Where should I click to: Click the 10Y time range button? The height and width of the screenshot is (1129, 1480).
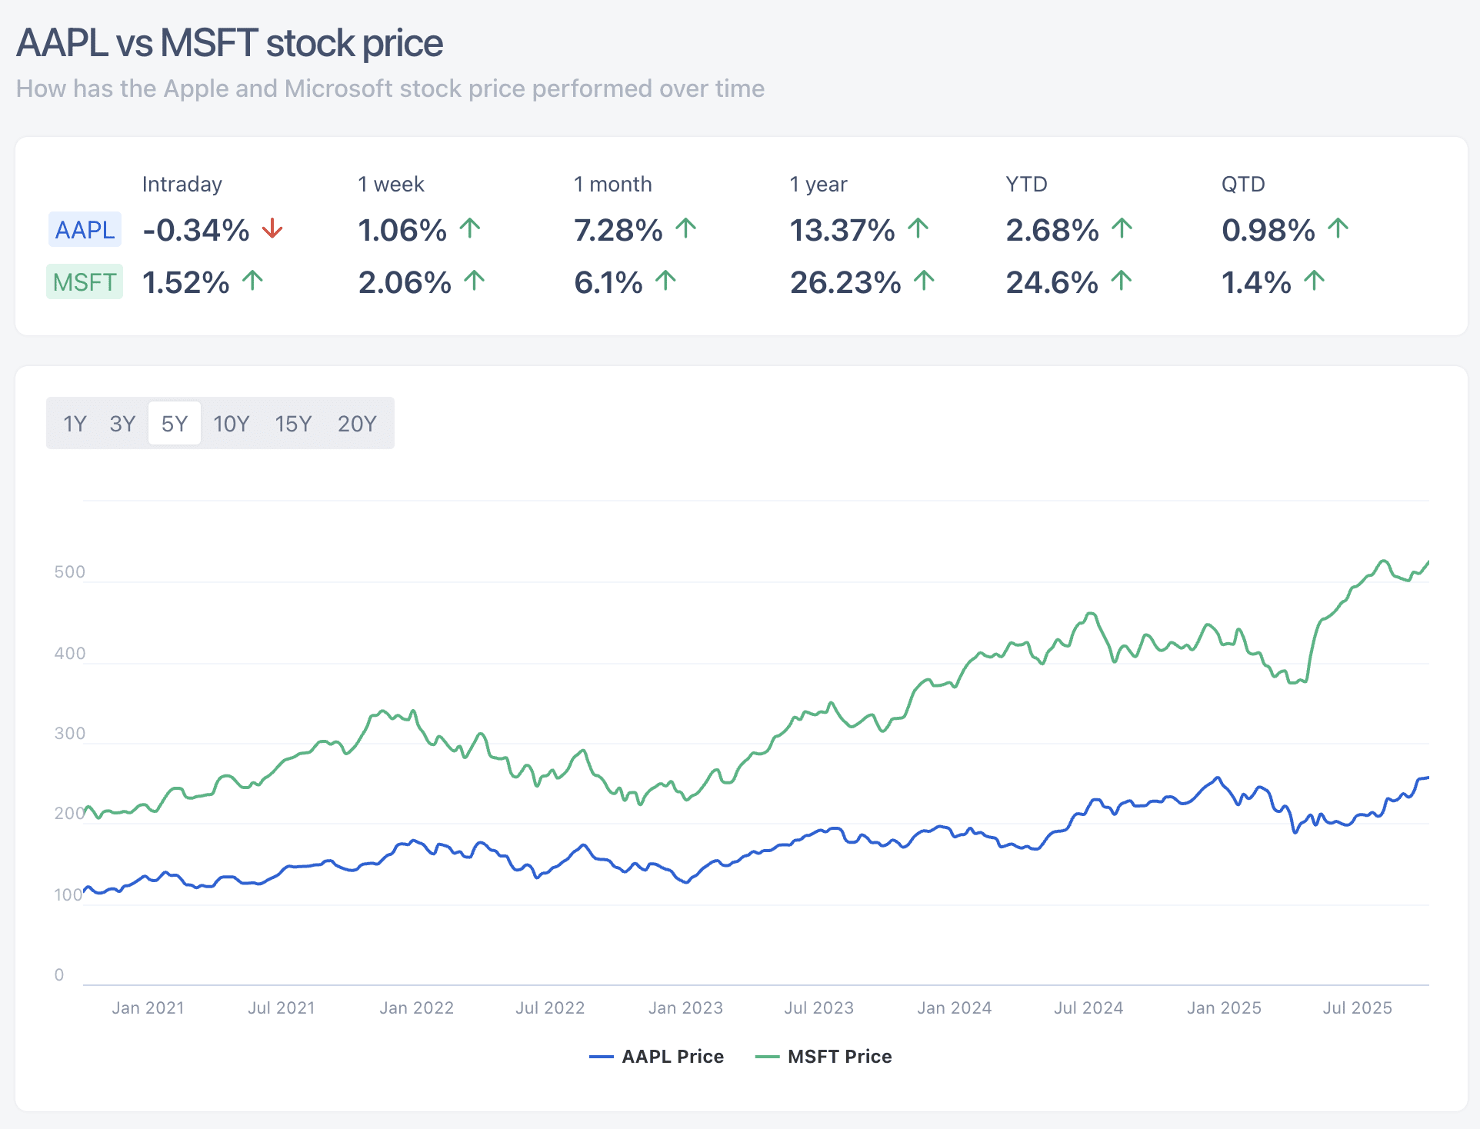click(x=231, y=424)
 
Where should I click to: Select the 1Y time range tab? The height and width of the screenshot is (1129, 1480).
click(x=75, y=424)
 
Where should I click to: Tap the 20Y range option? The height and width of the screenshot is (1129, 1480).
click(x=357, y=424)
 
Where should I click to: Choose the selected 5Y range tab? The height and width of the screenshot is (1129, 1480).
click(x=175, y=424)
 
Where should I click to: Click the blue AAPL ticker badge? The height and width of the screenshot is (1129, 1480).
click(x=85, y=230)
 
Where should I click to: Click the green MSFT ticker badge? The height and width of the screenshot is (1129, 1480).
click(x=85, y=282)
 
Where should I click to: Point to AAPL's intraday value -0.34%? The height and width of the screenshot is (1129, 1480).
click(x=196, y=230)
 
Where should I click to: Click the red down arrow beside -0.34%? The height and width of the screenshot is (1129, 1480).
click(x=272, y=228)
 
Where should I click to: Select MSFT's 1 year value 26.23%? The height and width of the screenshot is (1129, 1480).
click(x=845, y=282)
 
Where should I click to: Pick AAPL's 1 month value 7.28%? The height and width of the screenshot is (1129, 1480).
click(x=618, y=230)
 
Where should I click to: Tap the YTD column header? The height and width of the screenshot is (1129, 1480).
click(x=1026, y=185)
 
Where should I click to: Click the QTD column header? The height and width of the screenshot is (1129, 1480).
click(x=1243, y=185)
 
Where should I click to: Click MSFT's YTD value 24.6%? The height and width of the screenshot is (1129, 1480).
click(x=1052, y=282)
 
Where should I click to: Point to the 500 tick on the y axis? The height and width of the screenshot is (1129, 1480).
click(x=69, y=571)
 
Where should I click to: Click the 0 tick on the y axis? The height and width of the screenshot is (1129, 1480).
click(x=59, y=974)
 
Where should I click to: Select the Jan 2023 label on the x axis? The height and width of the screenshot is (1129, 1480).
click(x=685, y=1007)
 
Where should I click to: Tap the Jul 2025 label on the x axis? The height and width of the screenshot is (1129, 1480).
click(x=1357, y=1007)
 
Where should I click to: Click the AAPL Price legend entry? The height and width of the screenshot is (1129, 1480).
click(x=658, y=1056)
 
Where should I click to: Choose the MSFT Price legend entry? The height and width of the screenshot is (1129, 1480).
click(x=825, y=1056)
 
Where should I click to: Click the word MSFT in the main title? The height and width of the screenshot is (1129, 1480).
click(x=208, y=43)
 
